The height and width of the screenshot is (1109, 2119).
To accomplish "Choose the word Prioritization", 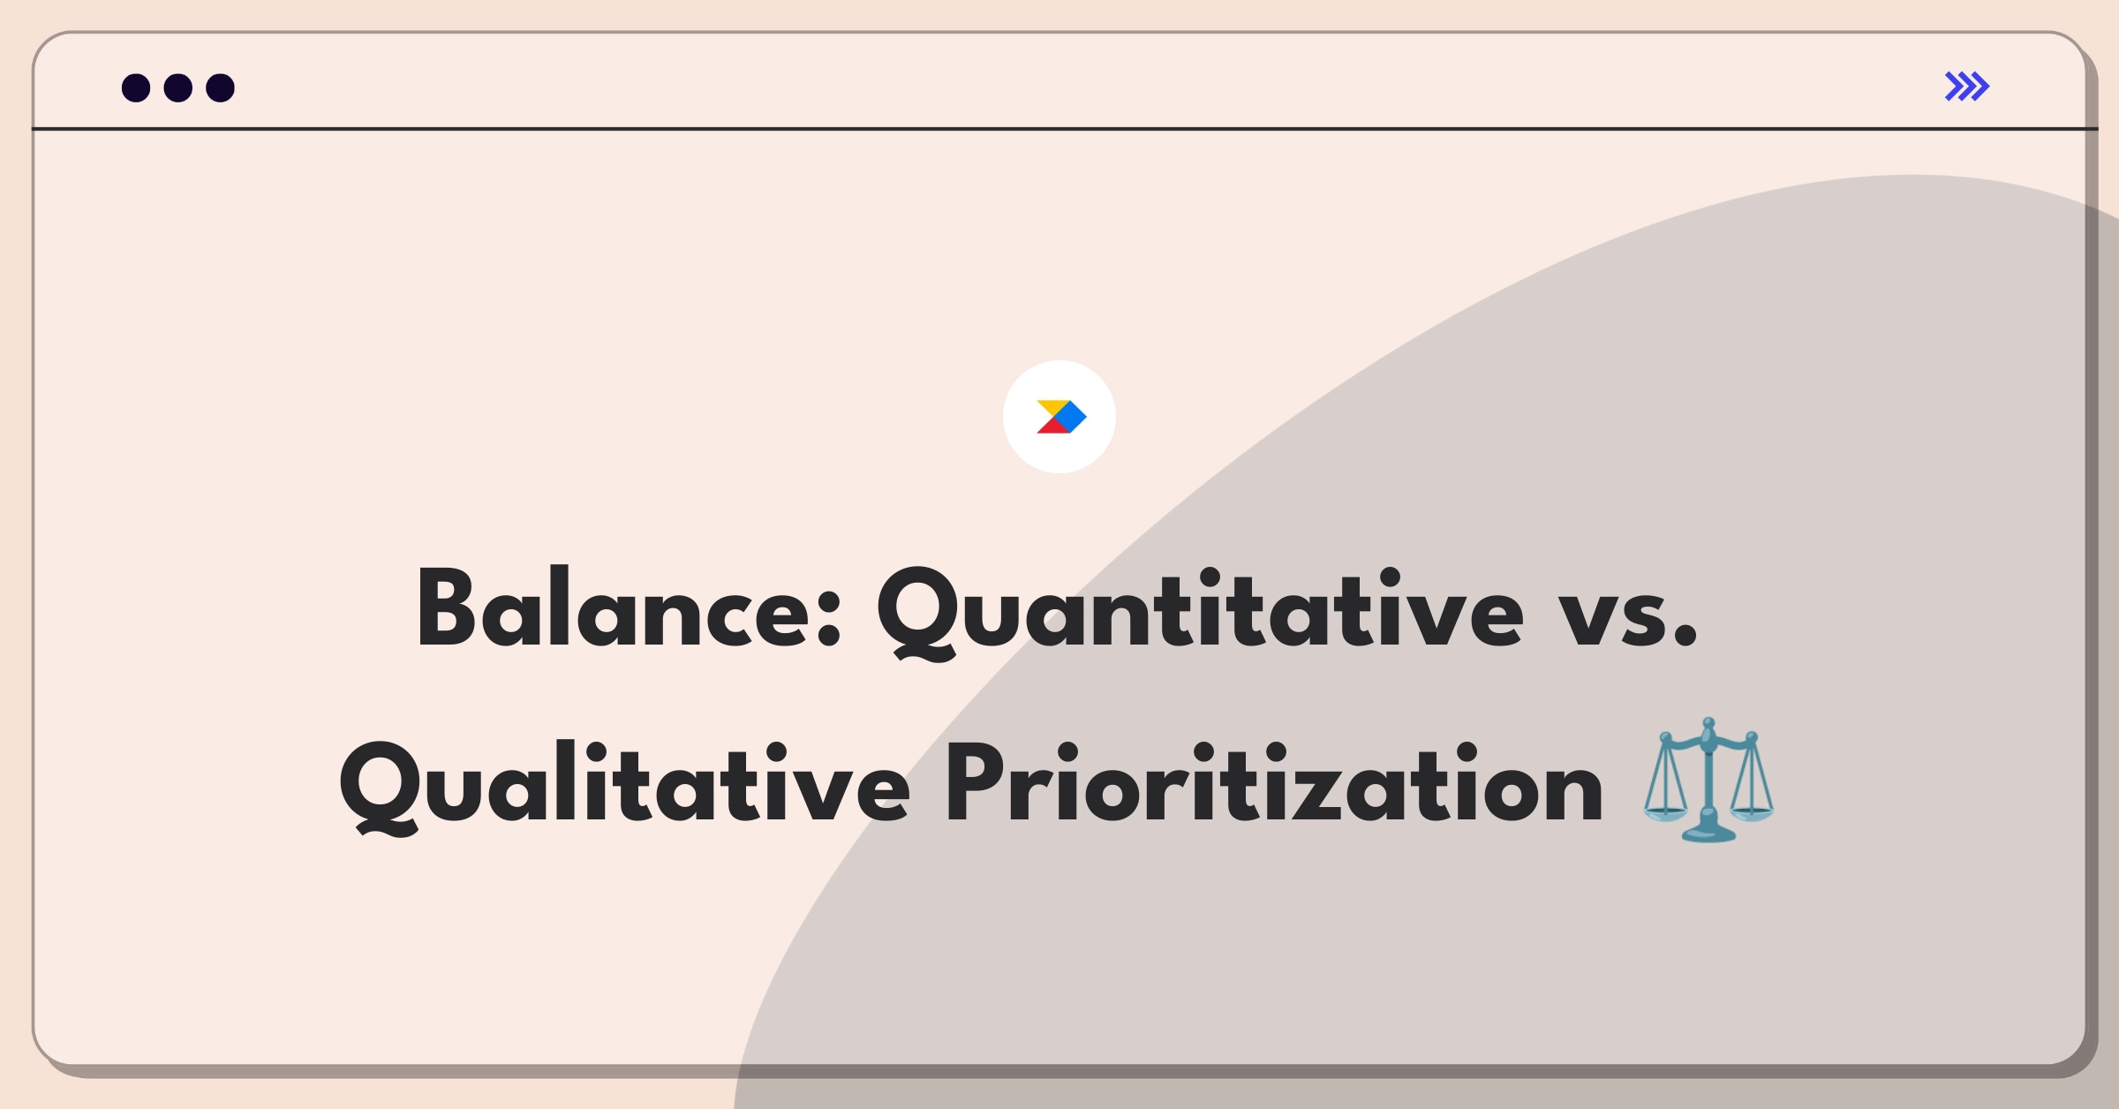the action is [1274, 782].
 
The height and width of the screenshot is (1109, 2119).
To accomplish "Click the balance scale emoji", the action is [1708, 780].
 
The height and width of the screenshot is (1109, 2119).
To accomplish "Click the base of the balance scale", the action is [1708, 831].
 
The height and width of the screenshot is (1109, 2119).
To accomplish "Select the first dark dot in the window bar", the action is [136, 87].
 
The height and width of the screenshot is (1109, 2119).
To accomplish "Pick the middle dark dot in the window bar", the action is [178, 87].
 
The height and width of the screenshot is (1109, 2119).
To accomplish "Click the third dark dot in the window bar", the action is [220, 87].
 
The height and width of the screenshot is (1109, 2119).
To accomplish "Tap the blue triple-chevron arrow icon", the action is [1967, 87].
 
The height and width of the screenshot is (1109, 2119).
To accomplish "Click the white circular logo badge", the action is [1059, 417].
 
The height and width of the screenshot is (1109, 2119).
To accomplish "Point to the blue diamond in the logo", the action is [1070, 417].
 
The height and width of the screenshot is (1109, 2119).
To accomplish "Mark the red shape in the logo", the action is [1052, 426].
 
